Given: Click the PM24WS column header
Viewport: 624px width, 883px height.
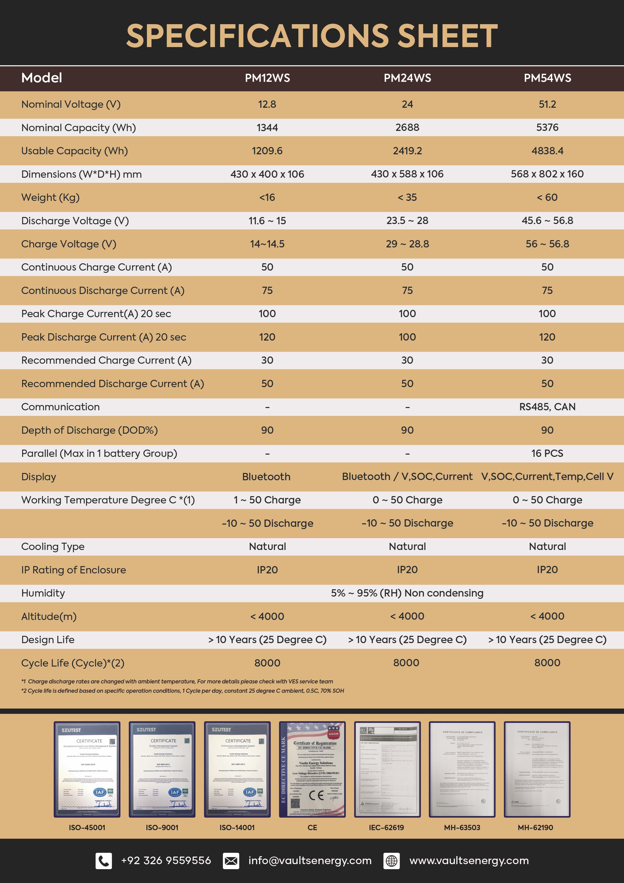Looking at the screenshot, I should click(407, 78).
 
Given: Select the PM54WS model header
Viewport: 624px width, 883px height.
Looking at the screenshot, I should click(547, 78).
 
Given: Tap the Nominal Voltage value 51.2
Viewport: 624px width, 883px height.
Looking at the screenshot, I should click(547, 104).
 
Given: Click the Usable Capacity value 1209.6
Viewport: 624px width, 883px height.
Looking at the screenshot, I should click(267, 151).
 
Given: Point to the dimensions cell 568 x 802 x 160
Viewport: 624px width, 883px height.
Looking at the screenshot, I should click(547, 174).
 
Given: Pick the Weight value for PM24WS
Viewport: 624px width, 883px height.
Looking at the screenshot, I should click(407, 197).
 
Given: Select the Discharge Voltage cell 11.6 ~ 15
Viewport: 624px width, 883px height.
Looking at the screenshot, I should click(267, 221).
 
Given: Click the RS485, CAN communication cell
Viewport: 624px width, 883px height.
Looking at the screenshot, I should click(547, 407).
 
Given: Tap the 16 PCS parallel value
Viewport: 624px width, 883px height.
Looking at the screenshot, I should click(547, 453).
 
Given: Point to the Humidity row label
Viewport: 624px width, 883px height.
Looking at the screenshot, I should click(43, 593).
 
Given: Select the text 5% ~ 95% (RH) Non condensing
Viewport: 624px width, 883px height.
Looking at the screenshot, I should click(407, 593).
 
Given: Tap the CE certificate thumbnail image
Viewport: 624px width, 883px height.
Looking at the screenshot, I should click(312, 769).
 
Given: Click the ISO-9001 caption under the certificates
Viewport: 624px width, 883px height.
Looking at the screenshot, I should click(162, 828).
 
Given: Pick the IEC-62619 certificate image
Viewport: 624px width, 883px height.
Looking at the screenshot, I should click(387, 769).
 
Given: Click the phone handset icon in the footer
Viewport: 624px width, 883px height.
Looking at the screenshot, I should click(104, 861).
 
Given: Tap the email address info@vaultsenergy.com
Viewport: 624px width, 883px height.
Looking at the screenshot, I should click(310, 861).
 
